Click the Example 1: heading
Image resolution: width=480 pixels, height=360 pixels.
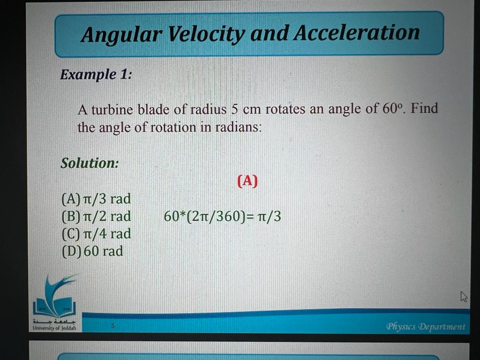(x=96, y=74)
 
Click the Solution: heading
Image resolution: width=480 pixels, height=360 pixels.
(x=90, y=163)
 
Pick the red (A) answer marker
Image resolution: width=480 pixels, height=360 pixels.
(x=247, y=181)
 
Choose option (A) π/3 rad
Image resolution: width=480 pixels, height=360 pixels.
(x=96, y=199)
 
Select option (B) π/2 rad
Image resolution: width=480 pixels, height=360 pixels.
(x=96, y=217)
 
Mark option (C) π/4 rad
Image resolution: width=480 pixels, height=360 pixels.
(x=96, y=233)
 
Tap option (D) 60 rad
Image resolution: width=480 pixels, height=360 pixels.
(x=92, y=251)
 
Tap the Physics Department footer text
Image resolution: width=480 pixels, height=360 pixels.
(x=426, y=326)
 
